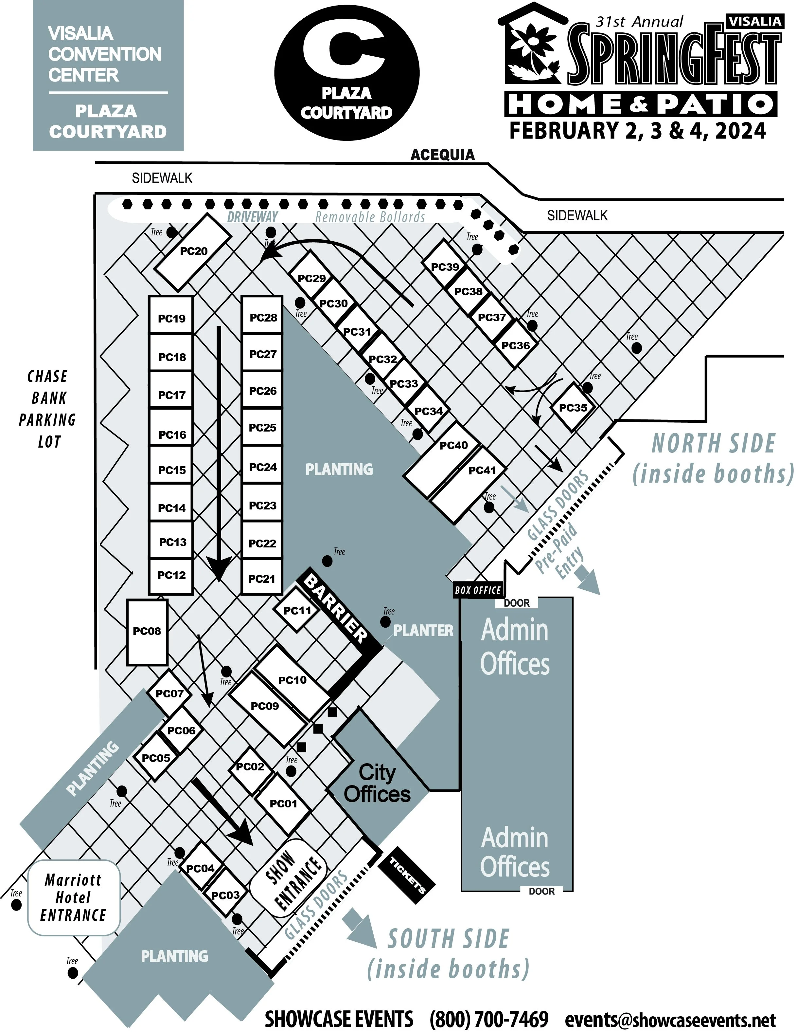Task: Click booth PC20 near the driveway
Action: (193, 252)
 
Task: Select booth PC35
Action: (573, 407)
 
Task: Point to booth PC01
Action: (283, 803)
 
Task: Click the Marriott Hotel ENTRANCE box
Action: (73, 897)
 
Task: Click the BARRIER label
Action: (336, 608)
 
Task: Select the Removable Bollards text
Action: (370, 218)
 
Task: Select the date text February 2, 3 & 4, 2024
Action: (637, 131)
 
